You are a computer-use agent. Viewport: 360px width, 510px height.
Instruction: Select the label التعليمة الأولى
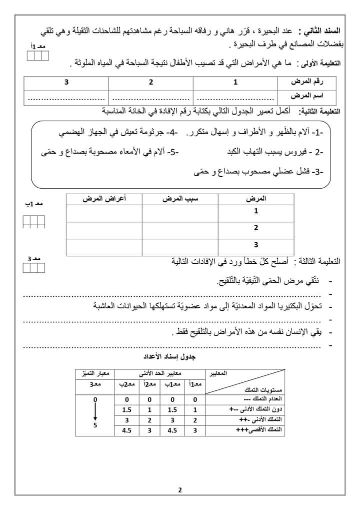(x=318, y=64)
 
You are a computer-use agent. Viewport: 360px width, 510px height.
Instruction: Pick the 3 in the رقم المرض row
(x=65, y=82)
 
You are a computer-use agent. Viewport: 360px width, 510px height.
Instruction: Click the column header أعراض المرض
(x=104, y=199)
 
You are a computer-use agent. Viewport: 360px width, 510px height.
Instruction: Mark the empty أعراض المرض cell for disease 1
(x=104, y=212)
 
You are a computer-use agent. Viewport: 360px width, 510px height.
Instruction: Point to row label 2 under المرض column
(x=256, y=228)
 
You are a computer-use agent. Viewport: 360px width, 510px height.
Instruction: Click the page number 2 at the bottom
(x=179, y=490)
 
